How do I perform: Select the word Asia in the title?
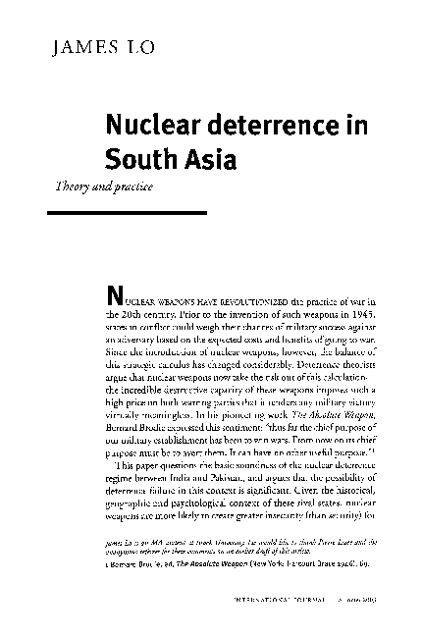tap(202, 157)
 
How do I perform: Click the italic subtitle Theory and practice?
tap(96, 185)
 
